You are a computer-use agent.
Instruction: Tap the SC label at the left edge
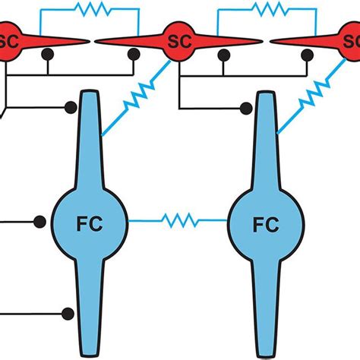(x=7, y=39)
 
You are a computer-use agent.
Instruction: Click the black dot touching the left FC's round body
(x=39, y=222)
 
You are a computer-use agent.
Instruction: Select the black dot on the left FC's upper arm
(x=71, y=107)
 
